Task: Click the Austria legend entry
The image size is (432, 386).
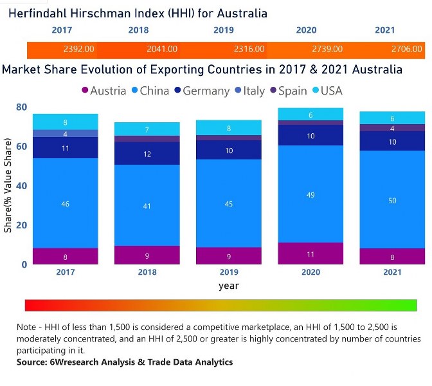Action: (x=104, y=91)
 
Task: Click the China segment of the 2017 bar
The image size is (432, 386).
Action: (x=66, y=203)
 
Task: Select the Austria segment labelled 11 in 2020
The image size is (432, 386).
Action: (x=311, y=253)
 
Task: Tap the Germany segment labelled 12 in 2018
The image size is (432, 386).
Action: (x=148, y=154)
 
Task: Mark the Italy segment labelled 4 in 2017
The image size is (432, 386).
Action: (x=66, y=134)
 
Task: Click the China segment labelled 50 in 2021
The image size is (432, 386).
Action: (x=392, y=200)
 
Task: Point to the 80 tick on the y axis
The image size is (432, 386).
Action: (x=22, y=107)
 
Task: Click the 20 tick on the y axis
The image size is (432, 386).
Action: (x=22, y=225)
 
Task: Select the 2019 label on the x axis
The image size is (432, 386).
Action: (x=230, y=272)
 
